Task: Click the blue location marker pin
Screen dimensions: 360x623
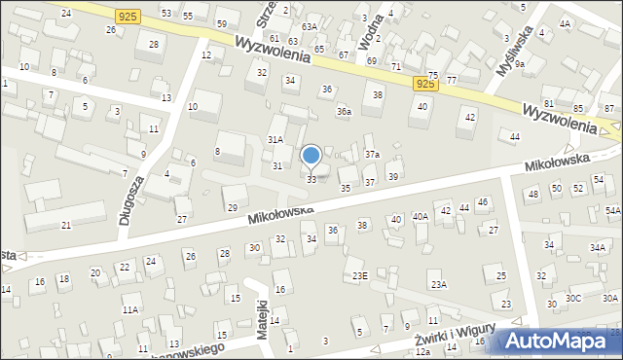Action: point(311,156)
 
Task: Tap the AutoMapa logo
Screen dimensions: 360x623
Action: point(556,340)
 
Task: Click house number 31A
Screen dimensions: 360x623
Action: point(275,140)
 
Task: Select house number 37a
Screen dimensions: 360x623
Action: point(372,155)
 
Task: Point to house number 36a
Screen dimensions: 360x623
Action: point(344,112)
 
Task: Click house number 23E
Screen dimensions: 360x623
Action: point(360,276)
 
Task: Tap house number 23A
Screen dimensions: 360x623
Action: point(439,284)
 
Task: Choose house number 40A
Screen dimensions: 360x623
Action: point(421,217)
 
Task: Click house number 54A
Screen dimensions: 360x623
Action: point(612,210)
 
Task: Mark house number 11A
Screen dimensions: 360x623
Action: point(129,309)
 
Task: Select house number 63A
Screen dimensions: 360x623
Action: point(309,26)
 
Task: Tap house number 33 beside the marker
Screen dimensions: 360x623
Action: point(311,180)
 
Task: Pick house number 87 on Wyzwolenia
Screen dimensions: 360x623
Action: point(609,107)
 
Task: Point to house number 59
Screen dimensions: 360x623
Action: point(222,23)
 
